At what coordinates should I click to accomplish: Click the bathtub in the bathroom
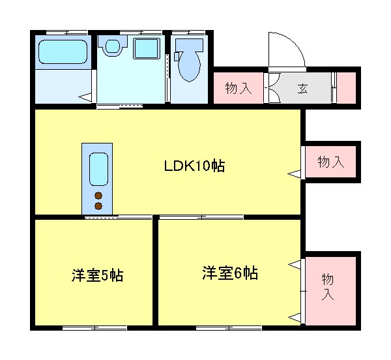(x=63, y=52)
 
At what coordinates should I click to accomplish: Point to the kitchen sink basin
(x=98, y=170)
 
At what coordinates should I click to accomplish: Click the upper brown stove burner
(x=98, y=196)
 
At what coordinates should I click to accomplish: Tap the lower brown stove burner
(x=98, y=206)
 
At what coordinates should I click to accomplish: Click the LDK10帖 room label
(x=194, y=166)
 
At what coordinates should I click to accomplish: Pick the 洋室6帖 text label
(x=229, y=273)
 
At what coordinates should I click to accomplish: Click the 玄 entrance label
(x=303, y=89)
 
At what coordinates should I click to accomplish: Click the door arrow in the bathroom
(x=85, y=97)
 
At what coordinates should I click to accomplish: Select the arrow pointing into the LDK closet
(x=295, y=173)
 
